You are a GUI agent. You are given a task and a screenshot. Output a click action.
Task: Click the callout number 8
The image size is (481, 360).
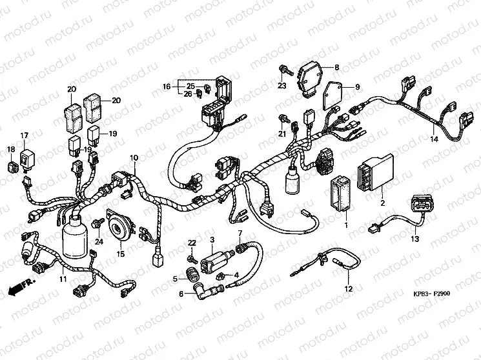coord(336,67)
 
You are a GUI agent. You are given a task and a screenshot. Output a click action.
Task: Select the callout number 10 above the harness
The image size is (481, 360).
coord(134,158)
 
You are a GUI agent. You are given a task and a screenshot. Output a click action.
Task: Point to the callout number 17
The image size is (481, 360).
coord(25,135)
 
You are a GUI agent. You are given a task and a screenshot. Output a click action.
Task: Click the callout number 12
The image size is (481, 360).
coord(349,288)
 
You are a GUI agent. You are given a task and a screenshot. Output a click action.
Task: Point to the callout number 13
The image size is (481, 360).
coord(415,239)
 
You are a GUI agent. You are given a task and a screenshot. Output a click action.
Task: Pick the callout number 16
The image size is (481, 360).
coord(166,86)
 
